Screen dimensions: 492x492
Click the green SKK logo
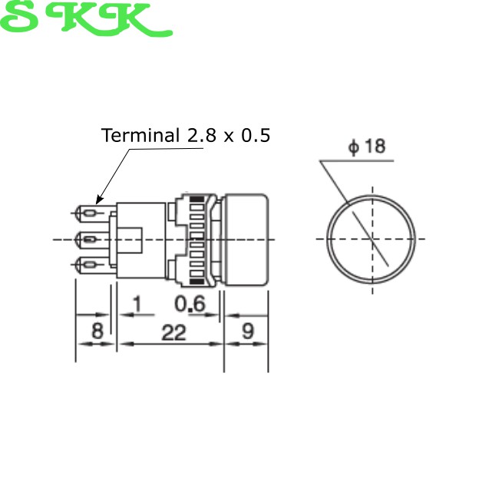click(x=86, y=18)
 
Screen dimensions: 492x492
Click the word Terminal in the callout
click(x=140, y=135)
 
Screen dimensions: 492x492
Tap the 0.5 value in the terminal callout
click(x=256, y=135)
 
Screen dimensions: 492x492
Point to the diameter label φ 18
click(x=367, y=147)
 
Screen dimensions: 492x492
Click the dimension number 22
click(x=173, y=332)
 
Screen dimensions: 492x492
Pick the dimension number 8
click(x=97, y=330)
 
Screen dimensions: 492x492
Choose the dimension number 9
click(x=248, y=330)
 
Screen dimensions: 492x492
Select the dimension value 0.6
click(x=190, y=304)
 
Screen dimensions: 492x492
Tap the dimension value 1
click(x=137, y=304)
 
